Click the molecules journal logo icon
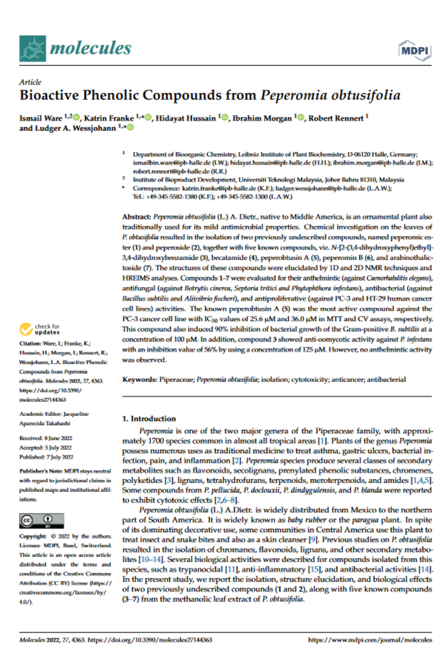pos(33,48)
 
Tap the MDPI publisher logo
pos(414,50)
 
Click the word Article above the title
pos(30,82)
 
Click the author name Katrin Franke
pos(109,118)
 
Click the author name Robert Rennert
pos(335,118)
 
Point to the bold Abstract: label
pos(137,217)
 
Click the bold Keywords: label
pos(139,379)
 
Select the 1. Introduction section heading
pos(149,419)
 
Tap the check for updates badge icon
pos(26,329)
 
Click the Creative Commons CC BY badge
pos(41,521)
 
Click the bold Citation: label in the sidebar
pos(30,343)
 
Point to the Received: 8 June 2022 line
pos(46,438)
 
